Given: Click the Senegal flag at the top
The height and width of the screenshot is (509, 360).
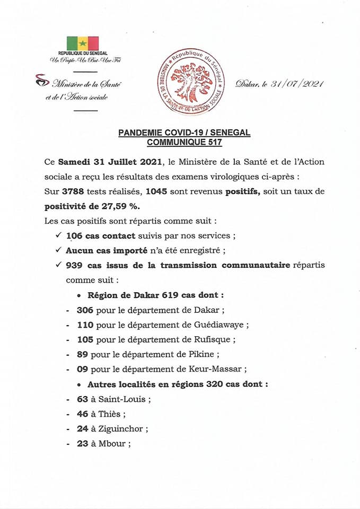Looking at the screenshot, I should [x=83, y=42].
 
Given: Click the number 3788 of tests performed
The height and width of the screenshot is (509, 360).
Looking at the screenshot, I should [x=73, y=191].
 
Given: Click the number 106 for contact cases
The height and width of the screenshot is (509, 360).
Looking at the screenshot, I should [x=75, y=235].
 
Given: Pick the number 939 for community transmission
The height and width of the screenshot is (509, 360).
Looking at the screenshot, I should [x=75, y=265].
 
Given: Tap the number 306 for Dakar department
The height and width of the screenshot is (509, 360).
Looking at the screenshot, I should [x=85, y=310].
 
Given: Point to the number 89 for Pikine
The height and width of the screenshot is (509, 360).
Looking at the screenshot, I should [x=82, y=354].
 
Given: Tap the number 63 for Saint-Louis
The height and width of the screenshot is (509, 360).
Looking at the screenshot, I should [x=82, y=399].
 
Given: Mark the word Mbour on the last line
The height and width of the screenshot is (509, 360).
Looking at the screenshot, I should [x=112, y=444].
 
